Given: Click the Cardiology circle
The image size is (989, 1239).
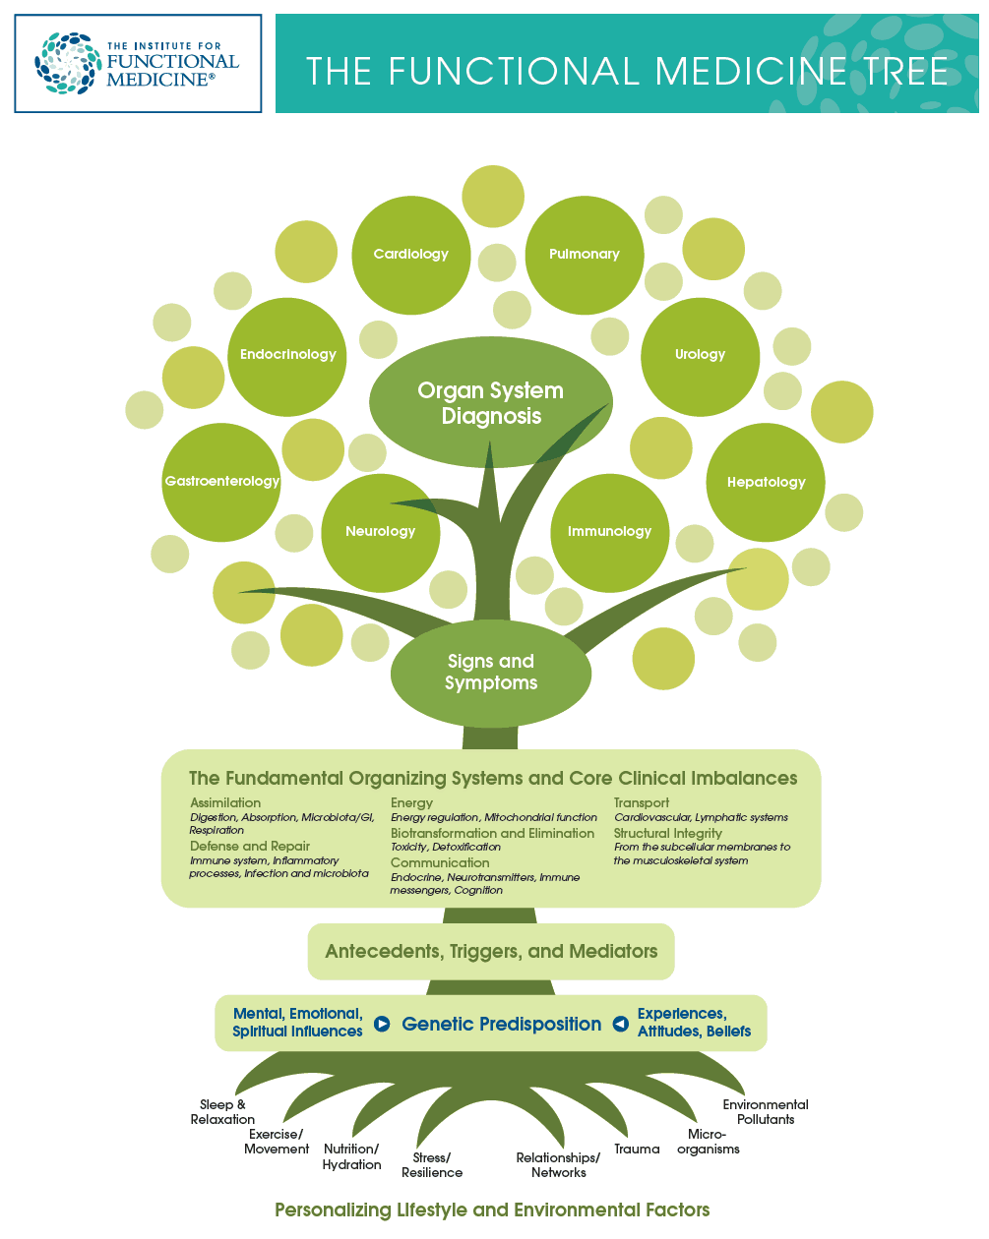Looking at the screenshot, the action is pyautogui.click(x=411, y=255).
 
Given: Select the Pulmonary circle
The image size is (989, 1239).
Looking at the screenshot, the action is pyautogui.click(x=585, y=255).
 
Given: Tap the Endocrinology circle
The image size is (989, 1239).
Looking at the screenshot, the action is pyautogui.click(x=287, y=357).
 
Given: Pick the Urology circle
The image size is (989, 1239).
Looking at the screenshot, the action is pyautogui.click(x=701, y=357).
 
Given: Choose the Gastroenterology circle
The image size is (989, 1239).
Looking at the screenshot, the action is pyautogui.click(x=221, y=483).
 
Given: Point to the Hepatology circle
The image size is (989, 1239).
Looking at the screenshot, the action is pyautogui.click(x=766, y=483).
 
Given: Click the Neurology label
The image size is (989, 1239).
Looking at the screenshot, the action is pyautogui.click(x=381, y=531).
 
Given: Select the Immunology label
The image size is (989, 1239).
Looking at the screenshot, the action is pyautogui.click(x=609, y=531).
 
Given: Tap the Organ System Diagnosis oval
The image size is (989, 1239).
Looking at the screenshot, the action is pyautogui.click(x=490, y=402).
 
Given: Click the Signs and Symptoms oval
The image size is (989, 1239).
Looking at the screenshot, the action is pyautogui.click(x=491, y=673).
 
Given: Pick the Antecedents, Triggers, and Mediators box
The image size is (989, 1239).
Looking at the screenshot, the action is pyautogui.click(x=491, y=952).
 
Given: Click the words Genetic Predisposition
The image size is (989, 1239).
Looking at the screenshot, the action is pyautogui.click(x=502, y=1024).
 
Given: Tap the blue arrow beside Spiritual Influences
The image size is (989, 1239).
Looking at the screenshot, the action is pyautogui.click(x=382, y=1024).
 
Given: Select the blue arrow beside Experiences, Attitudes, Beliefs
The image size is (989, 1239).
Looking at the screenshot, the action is pyautogui.click(x=620, y=1024).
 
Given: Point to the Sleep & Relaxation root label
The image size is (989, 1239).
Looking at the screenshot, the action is pyautogui.click(x=222, y=1112).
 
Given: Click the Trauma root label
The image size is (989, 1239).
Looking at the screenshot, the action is pyautogui.click(x=637, y=1149).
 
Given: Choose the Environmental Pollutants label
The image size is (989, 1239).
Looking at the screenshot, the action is pyautogui.click(x=766, y=1112).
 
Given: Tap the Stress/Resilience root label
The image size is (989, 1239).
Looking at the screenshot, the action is pyautogui.click(x=432, y=1164).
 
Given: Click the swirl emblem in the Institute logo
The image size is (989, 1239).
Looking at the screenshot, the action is pyautogui.click(x=68, y=63).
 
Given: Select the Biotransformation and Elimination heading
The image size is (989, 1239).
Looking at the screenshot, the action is pyautogui.click(x=492, y=833).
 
